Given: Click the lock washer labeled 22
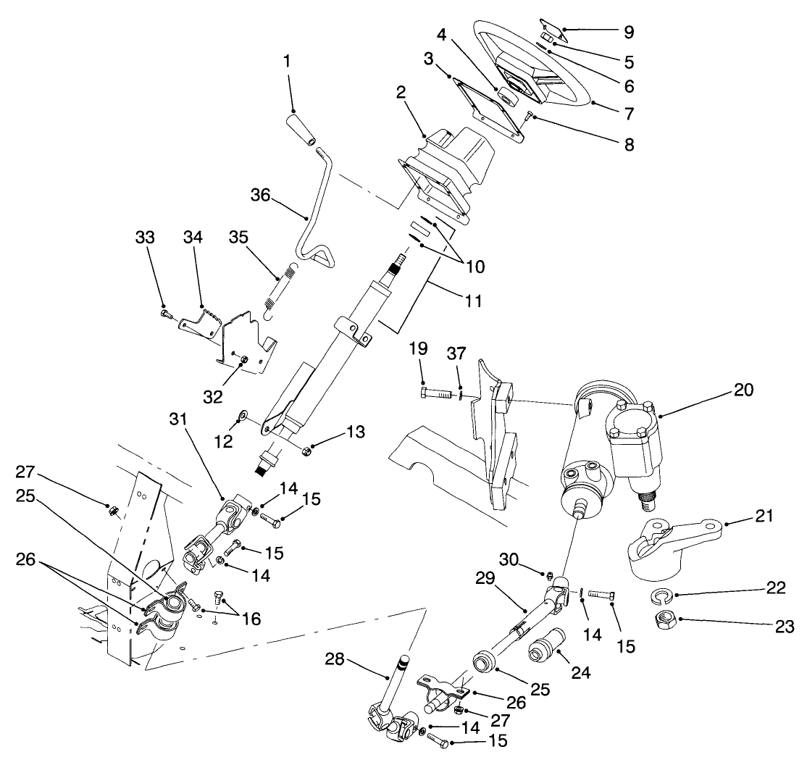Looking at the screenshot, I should pyautogui.click(x=662, y=595).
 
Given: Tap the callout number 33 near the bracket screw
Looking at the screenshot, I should pyautogui.click(x=145, y=237).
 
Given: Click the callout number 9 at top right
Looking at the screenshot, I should pyautogui.click(x=627, y=32).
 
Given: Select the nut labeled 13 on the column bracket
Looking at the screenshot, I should pyautogui.click(x=306, y=453).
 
